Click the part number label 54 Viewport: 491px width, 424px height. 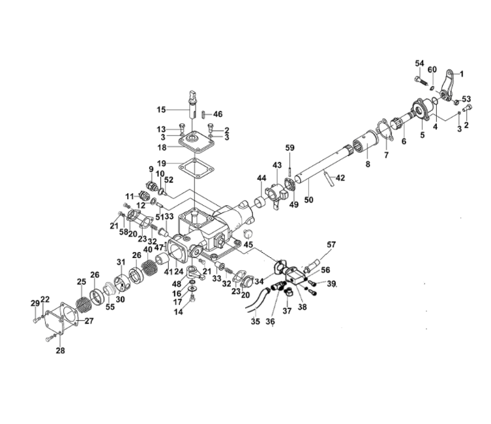[419, 63]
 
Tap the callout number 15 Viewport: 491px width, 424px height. [161, 110]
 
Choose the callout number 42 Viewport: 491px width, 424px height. [340, 178]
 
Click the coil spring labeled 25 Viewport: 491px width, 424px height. [84, 304]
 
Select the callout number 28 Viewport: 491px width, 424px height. [61, 351]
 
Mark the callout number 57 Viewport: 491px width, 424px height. [331, 244]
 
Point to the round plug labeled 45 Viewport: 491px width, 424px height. [248, 233]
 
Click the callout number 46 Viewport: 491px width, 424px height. [218, 114]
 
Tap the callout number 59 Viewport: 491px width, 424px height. [290, 148]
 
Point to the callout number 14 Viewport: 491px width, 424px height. [179, 312]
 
